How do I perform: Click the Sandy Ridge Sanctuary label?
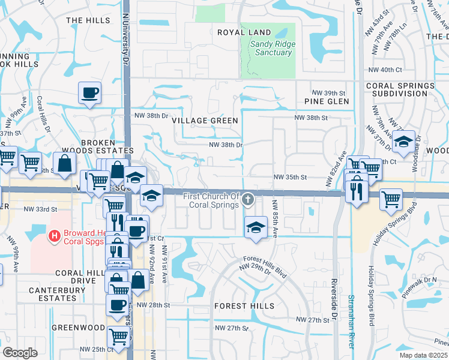click(x=271, y=48)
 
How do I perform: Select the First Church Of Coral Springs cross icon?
click(x=248, y=201)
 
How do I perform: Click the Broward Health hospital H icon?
click(x=55, y=236)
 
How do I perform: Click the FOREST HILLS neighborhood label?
click(x=244, y=306)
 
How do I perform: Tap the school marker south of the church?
click(x=256, y=227)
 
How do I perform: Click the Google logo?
click(x=20, y=353)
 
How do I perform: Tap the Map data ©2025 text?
click(x=424, y=355)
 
